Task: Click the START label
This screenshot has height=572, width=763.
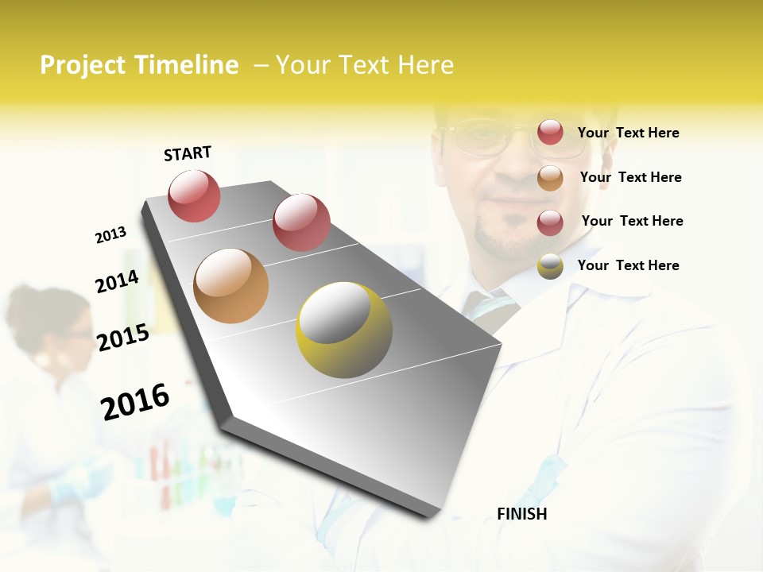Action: (188, 153)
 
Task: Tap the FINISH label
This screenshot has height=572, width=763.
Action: (521, 514)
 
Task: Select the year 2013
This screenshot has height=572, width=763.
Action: (110, 235)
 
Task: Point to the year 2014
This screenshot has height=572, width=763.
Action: (117, 281)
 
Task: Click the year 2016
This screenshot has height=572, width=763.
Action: (135, 402)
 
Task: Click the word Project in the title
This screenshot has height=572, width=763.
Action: (83, 65)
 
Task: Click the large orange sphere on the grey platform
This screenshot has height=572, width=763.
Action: (230, 285)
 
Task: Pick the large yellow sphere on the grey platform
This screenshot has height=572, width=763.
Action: (344, 330)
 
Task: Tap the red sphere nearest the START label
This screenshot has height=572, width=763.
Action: (194, 195)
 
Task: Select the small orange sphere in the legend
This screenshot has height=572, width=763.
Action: (550, 177)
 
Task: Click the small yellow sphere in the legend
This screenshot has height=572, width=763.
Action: (550, 266)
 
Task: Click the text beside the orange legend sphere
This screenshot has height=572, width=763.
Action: (630, 177)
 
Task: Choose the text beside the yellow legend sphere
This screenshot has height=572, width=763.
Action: (628, 265)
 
